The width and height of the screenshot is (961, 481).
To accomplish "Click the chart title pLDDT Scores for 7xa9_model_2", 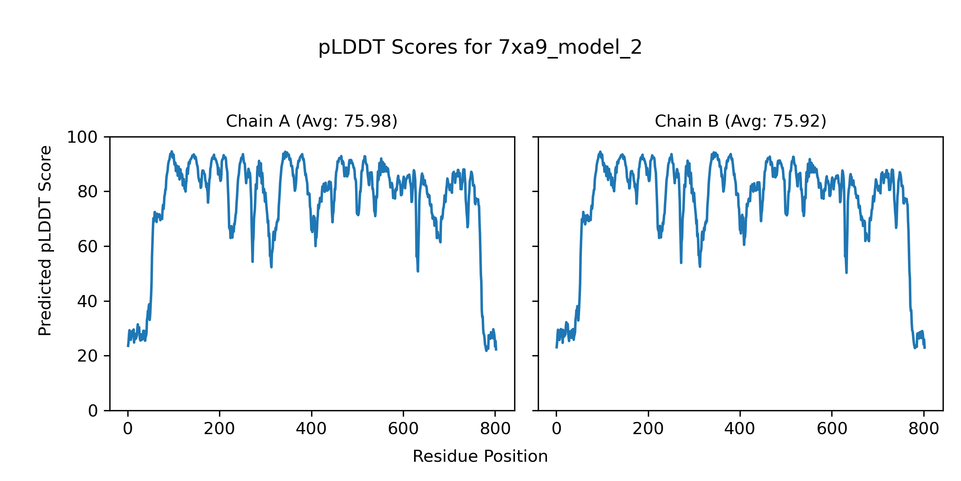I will (x=480, y=48).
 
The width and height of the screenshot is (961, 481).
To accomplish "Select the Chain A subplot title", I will (x=312, y=121).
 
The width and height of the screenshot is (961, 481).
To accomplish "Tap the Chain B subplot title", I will (x=740, y=121).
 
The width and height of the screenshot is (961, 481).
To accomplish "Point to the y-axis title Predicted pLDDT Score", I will (x=45, y=240).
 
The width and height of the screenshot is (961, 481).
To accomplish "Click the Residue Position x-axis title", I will (x=480, y=456).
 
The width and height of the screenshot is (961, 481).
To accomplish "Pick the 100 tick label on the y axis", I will (x=82, y=137).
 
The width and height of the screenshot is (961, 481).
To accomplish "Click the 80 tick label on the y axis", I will (x=88, y=192).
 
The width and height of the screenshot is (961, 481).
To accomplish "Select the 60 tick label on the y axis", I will (x=88, y=247).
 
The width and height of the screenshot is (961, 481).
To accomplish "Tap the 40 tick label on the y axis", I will (x=88, y=301).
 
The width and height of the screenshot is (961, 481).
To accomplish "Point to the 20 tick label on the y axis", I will (x=88, y=356).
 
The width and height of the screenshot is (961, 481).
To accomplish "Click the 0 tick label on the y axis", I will (x=93, y=410).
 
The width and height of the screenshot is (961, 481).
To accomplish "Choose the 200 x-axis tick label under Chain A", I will (x=219, y=429).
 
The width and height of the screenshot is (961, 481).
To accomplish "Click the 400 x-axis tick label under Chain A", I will (x=311, y=429).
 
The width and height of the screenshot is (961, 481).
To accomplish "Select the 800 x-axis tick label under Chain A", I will (x=495, y=429).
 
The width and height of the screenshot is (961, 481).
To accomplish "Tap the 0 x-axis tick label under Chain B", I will (x=557, y=429).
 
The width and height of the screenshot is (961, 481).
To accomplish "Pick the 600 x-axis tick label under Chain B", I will (x=832, y=429).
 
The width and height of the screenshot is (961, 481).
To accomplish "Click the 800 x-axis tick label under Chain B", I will (x=924, y=429).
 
